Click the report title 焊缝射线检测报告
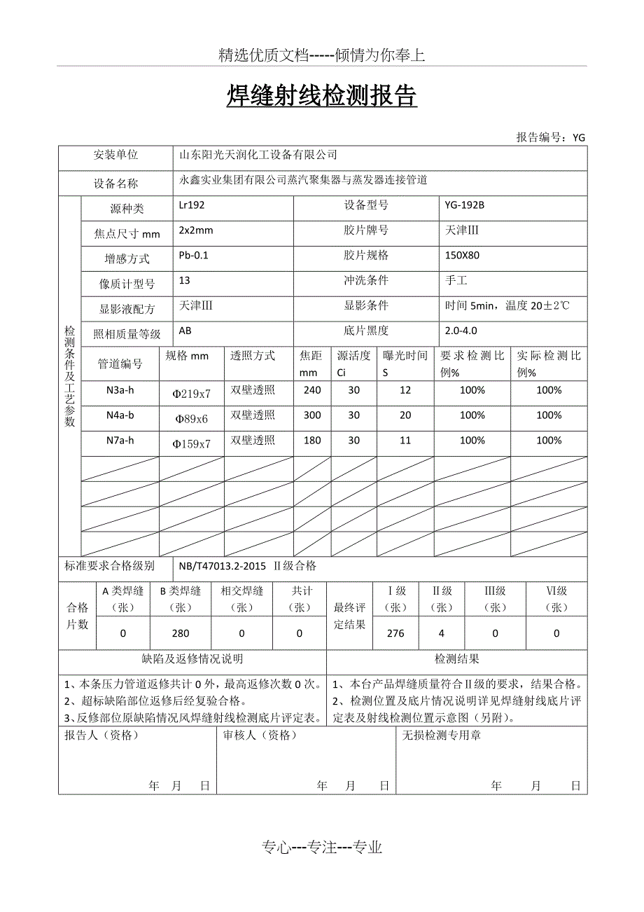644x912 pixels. (x=321, y=97)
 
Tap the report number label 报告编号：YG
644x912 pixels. (x=550, y=137)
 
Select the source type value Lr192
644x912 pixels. (x=192, y=205)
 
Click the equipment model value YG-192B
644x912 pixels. (x=464, y=205)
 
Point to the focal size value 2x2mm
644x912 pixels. (x=196, y=230)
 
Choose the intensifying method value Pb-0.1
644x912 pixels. (x=194, y=255)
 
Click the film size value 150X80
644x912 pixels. (x=462, y=255)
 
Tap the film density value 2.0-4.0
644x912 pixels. (x=461, y=331)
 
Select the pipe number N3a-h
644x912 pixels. (x=120, y=390)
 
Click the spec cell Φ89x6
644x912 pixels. (x=191, y=419)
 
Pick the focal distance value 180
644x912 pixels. (x=312, y=441)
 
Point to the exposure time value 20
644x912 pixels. (x=405, y=415)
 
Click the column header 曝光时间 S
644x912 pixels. (x=405, y=364)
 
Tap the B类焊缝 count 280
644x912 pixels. (x=181, y=633)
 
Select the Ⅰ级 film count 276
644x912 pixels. (x=395, y=633)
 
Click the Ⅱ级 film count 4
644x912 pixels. (x=441, y=633)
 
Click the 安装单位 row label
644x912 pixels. (x=115, y=156)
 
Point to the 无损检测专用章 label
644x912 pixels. (x=441, y=735)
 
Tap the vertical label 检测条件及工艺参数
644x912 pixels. (x=70, y=376)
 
